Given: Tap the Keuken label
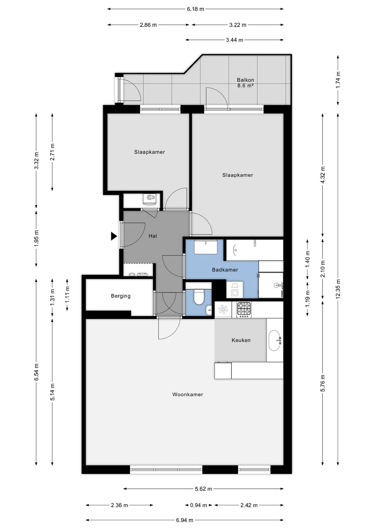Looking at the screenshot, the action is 241,340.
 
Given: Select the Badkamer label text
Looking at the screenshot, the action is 225,270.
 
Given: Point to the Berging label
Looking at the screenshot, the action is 121,296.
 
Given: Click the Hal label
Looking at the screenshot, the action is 153,236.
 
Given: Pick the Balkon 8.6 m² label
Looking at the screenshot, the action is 246,83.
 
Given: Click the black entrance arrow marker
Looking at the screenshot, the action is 114,236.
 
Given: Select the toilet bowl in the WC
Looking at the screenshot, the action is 199,297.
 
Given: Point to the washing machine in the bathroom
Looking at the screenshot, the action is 235,289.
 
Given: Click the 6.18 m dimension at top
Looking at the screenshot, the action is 195,9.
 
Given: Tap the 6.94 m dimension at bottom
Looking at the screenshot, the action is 185,520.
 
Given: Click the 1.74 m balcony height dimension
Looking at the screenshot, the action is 338,80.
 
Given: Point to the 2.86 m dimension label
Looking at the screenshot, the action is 148,25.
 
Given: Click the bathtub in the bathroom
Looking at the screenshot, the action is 255,250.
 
